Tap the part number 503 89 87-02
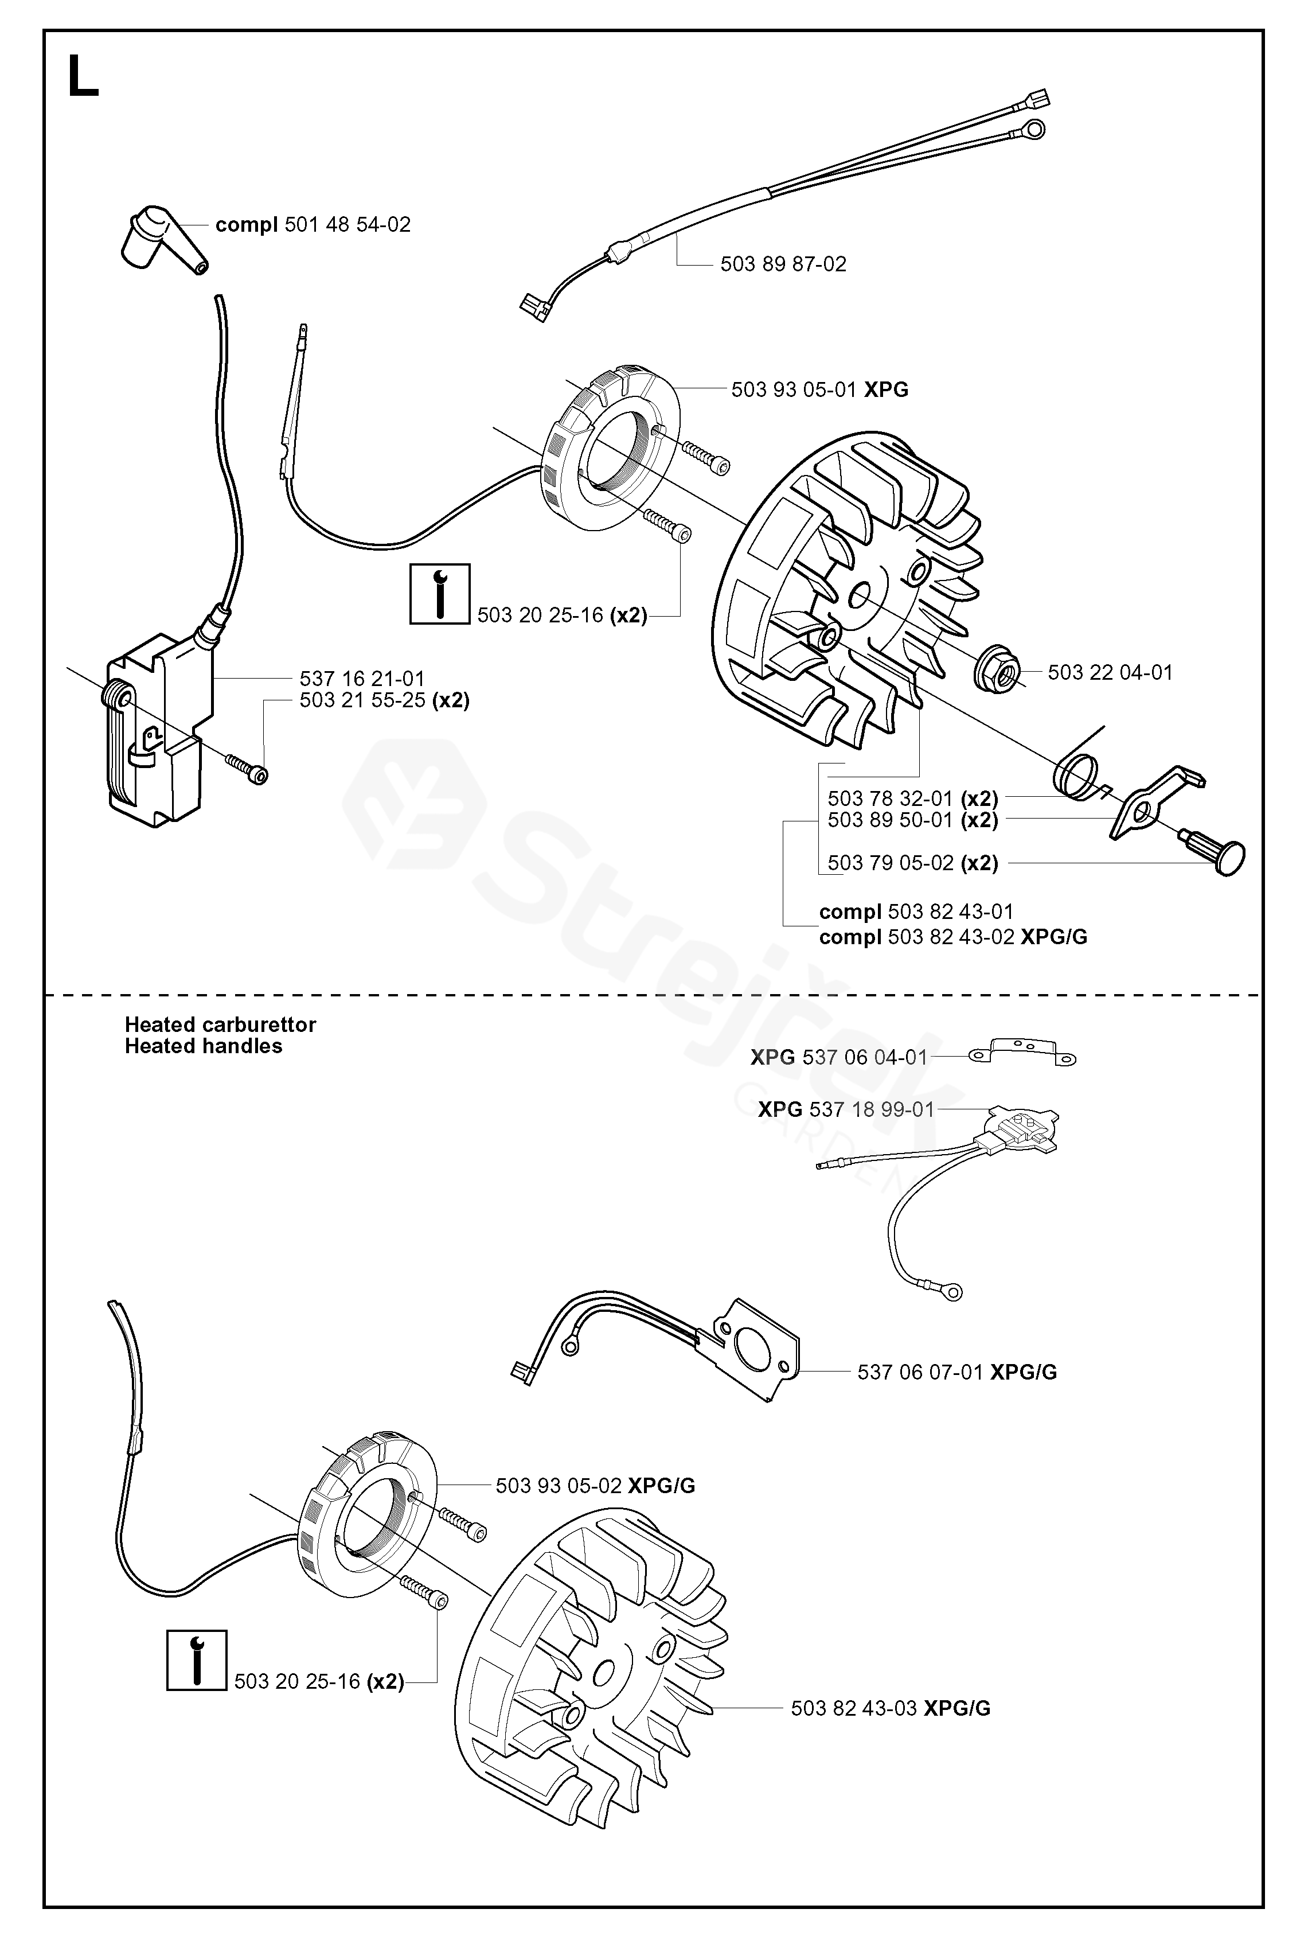coord(783,264)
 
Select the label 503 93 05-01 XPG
coord(820,389)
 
